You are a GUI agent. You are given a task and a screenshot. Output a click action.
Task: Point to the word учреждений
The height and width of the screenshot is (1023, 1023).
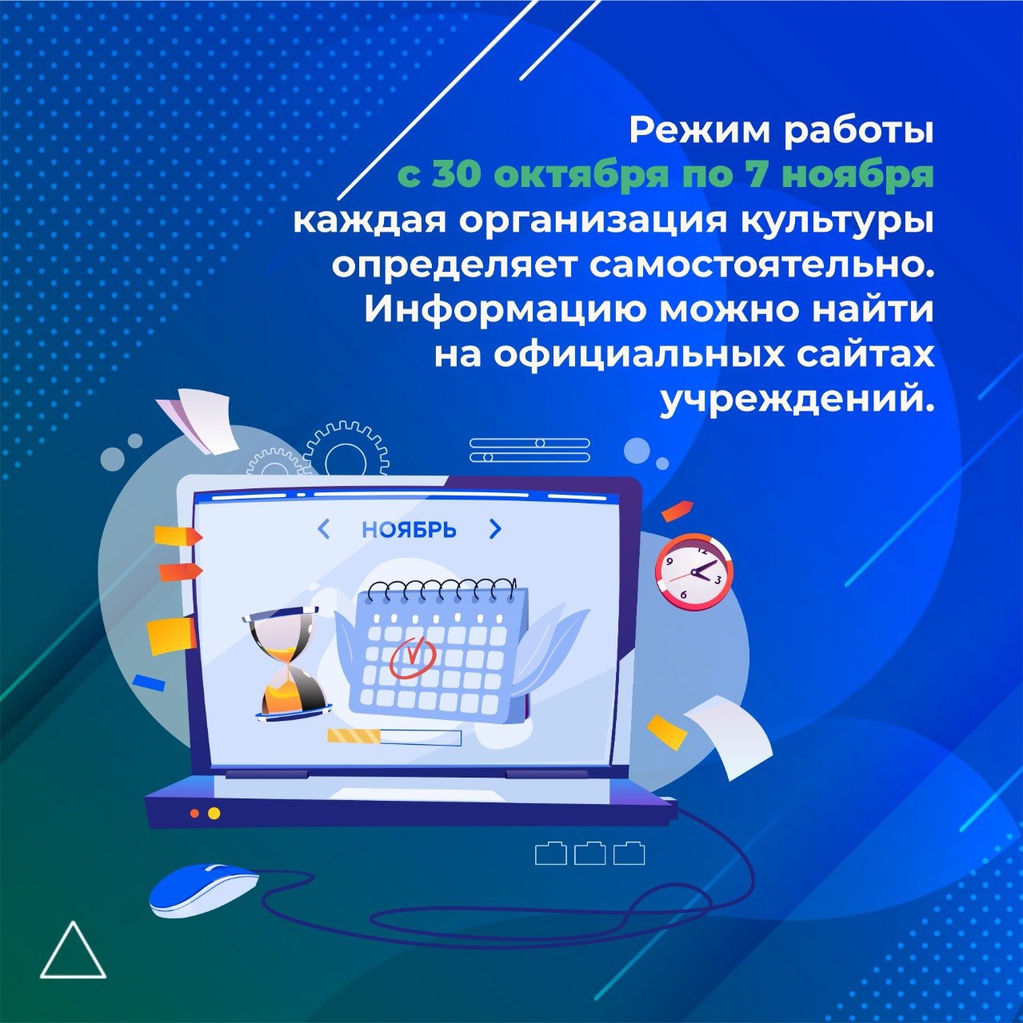798,402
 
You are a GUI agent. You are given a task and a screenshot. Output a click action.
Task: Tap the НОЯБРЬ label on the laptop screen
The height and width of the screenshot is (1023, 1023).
410,529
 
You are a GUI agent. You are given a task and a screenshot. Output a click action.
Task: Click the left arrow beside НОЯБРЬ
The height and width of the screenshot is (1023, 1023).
323,529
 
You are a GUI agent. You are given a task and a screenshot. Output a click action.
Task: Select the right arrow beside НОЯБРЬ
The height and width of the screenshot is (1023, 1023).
495,528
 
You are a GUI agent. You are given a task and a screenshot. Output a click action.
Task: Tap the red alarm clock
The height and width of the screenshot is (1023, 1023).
693,573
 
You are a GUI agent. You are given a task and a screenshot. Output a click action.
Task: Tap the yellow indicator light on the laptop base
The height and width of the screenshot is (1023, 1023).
214,828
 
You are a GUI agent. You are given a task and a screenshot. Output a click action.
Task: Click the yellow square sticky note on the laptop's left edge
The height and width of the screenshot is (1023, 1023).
171,636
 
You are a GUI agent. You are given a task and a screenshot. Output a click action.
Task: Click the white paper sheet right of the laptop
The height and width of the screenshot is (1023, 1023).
729,735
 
